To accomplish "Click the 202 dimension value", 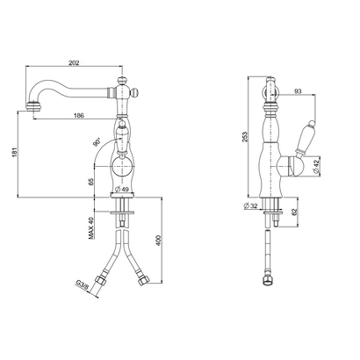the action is [74, 62].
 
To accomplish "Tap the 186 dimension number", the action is [78, 116].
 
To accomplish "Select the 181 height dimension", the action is [15, 153].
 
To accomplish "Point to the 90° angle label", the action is [97, 142].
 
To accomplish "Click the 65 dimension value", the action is [91, 182].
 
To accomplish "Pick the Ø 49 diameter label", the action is [122, 190].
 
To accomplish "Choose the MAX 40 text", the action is [91, 228].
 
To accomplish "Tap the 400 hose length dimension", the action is [158, 241].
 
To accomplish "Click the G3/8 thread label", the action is [83, 284].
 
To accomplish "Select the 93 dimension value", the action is [298, 91].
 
